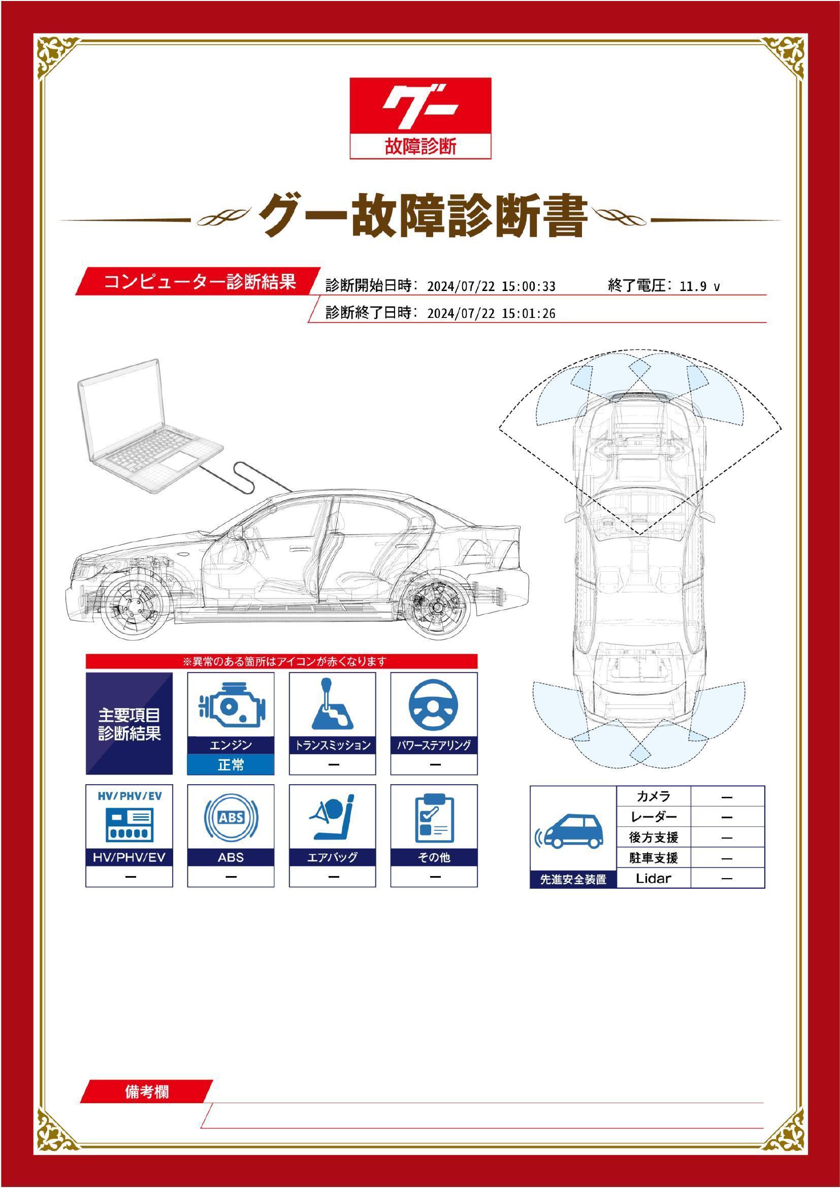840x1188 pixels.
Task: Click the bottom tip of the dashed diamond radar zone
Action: pos(640,534)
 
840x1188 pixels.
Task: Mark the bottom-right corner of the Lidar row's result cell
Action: pos(764,888)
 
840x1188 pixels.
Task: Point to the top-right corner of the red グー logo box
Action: pos(491,78)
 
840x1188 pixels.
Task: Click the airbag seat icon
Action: pos(332,818)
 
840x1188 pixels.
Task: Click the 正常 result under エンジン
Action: pos(231,764)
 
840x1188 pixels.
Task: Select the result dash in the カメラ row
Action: pos(727,797)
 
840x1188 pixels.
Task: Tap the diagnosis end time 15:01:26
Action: pos(529,313)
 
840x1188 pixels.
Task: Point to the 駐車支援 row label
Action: pos(654,858)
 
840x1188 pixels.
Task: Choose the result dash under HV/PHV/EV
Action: pos(130,877)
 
